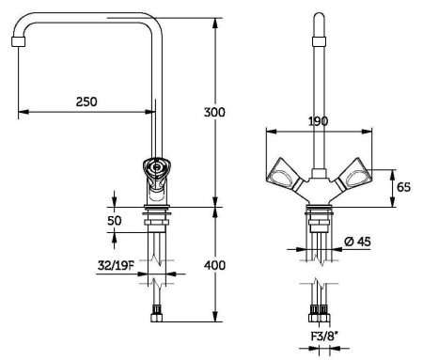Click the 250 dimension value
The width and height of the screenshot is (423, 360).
pyautogui.click(x=86, y=102)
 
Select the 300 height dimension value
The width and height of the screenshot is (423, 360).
pyautogui.click(x=214, y=112)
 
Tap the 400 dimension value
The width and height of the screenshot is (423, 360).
pyautogui.click(x=214, y=265)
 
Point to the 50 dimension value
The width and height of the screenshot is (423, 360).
pyautogui.click(x=115, y=221)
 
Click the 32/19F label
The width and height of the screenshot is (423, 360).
pyautogui.click(x=116, y=266)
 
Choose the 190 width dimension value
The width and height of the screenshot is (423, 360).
pyautogui.click(x=319, y=121)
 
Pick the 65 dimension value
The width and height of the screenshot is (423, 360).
pyautogui.click(x=403, y=187)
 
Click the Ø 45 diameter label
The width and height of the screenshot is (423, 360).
pyautogui.click(x=357, y=242)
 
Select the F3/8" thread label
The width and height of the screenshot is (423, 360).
pyautogui.click(x=325, y=337)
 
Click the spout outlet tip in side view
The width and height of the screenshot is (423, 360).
pyautogui.click(x=18, y=41)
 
